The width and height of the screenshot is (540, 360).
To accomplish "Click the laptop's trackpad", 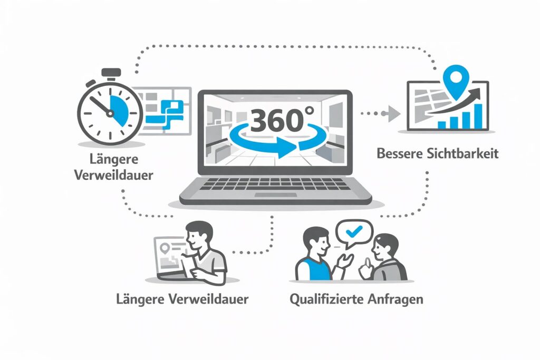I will [x=274, y=194].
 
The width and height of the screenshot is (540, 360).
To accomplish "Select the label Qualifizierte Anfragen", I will [x=356, y=299].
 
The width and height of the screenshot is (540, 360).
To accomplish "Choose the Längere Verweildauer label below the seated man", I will [x=182, y=299].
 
